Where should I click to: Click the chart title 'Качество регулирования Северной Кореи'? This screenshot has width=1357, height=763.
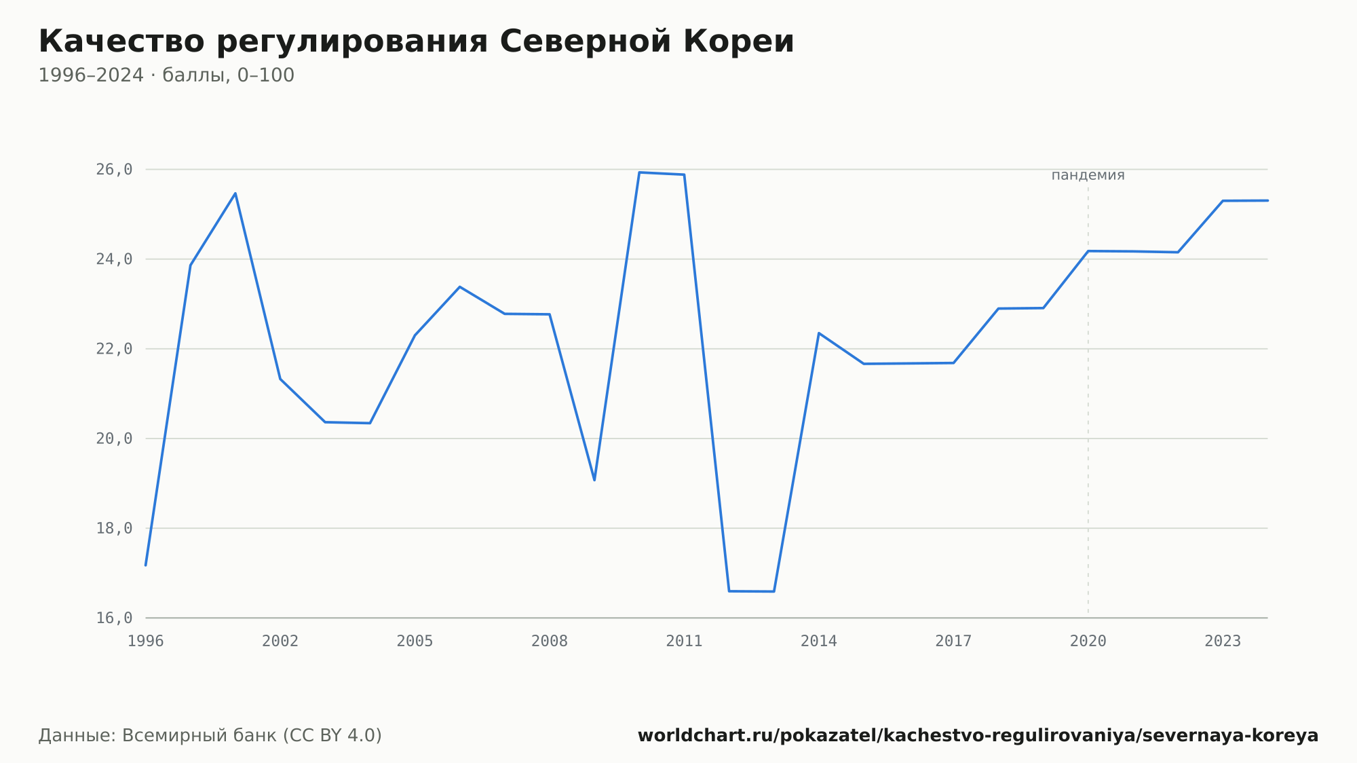[x=416, y=42]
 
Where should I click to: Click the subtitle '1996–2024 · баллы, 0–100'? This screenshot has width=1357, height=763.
[x=166, y=75]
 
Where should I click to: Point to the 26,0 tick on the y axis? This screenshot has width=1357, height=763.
[x=114, y=170]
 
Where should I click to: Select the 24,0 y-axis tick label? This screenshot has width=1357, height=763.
[x=114, y=259]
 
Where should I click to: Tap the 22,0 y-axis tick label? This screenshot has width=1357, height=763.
[x=114, y=349]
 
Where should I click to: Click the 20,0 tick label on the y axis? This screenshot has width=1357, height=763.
[x=114, y=439]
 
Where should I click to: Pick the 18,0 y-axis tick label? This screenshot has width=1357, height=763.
[x=114, y=528]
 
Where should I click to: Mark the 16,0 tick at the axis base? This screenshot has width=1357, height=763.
[x=114, y=618]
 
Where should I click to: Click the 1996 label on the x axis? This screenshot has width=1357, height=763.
[x=146, y=641]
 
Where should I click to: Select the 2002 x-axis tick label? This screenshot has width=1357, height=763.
[x=280, y=641]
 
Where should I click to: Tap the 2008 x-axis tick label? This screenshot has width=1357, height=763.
[x=550, y=641]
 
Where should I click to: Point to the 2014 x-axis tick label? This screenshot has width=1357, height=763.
[x=819, y=641]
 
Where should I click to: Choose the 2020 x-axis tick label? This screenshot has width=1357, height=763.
[x=1088, y=641]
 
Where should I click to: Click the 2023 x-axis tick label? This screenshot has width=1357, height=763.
[x=1223, y=641]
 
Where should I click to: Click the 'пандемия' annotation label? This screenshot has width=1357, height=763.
[x=1088, y=175]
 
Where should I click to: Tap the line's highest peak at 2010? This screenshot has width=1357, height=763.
[x=639, y=172]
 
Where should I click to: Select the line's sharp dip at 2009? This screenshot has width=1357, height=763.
[x=594, y=481]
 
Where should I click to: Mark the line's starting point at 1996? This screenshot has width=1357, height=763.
[x=146, y=565]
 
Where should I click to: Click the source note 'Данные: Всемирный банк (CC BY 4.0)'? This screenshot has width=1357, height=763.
[x=210, y=736]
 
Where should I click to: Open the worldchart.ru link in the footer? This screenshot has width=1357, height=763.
[x=978, y=736]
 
